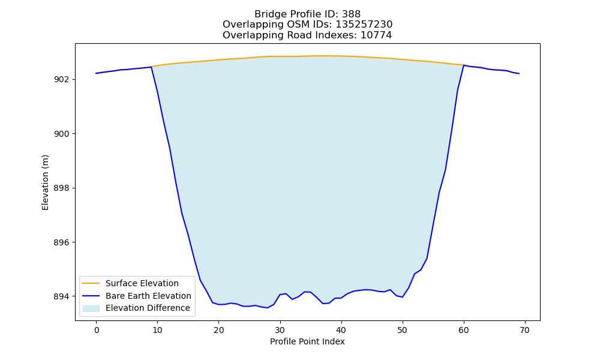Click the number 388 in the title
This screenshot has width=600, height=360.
tap(351, 14)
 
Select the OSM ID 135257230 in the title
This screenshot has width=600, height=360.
tap(364, 25)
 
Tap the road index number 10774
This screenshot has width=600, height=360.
tap(376, 35)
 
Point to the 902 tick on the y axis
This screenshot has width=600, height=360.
tap(62, 80)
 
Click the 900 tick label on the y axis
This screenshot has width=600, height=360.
tap(62, 134)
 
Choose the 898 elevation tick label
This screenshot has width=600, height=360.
tap(62, 188)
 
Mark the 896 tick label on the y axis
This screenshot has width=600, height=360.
tap(62, 242)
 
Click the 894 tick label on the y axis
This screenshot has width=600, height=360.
tap(62, 297)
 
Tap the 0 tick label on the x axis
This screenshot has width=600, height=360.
tap(97, 330)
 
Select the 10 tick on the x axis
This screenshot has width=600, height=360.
tap(158, 330)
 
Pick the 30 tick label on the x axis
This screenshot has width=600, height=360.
tap(280, 330)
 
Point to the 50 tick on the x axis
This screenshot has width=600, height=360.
tap(403, 330)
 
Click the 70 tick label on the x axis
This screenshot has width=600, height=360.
tap(525, 330)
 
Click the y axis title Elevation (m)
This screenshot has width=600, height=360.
tap(45, 182)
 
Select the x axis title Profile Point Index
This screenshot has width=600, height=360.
tap(307, 341)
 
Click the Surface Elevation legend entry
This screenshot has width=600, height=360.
tap(142, 283)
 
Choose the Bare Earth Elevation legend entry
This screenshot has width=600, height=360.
tap(148, 296)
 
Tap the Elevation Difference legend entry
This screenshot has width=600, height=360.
tap(148, 308)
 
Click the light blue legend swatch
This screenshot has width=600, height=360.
tap(91, 308)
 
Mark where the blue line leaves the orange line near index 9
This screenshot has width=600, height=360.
tap(152, 67)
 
